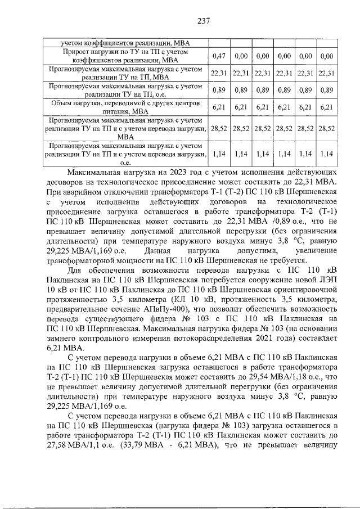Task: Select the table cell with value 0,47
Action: pos(218,56)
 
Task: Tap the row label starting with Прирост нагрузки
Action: pos(124,56)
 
